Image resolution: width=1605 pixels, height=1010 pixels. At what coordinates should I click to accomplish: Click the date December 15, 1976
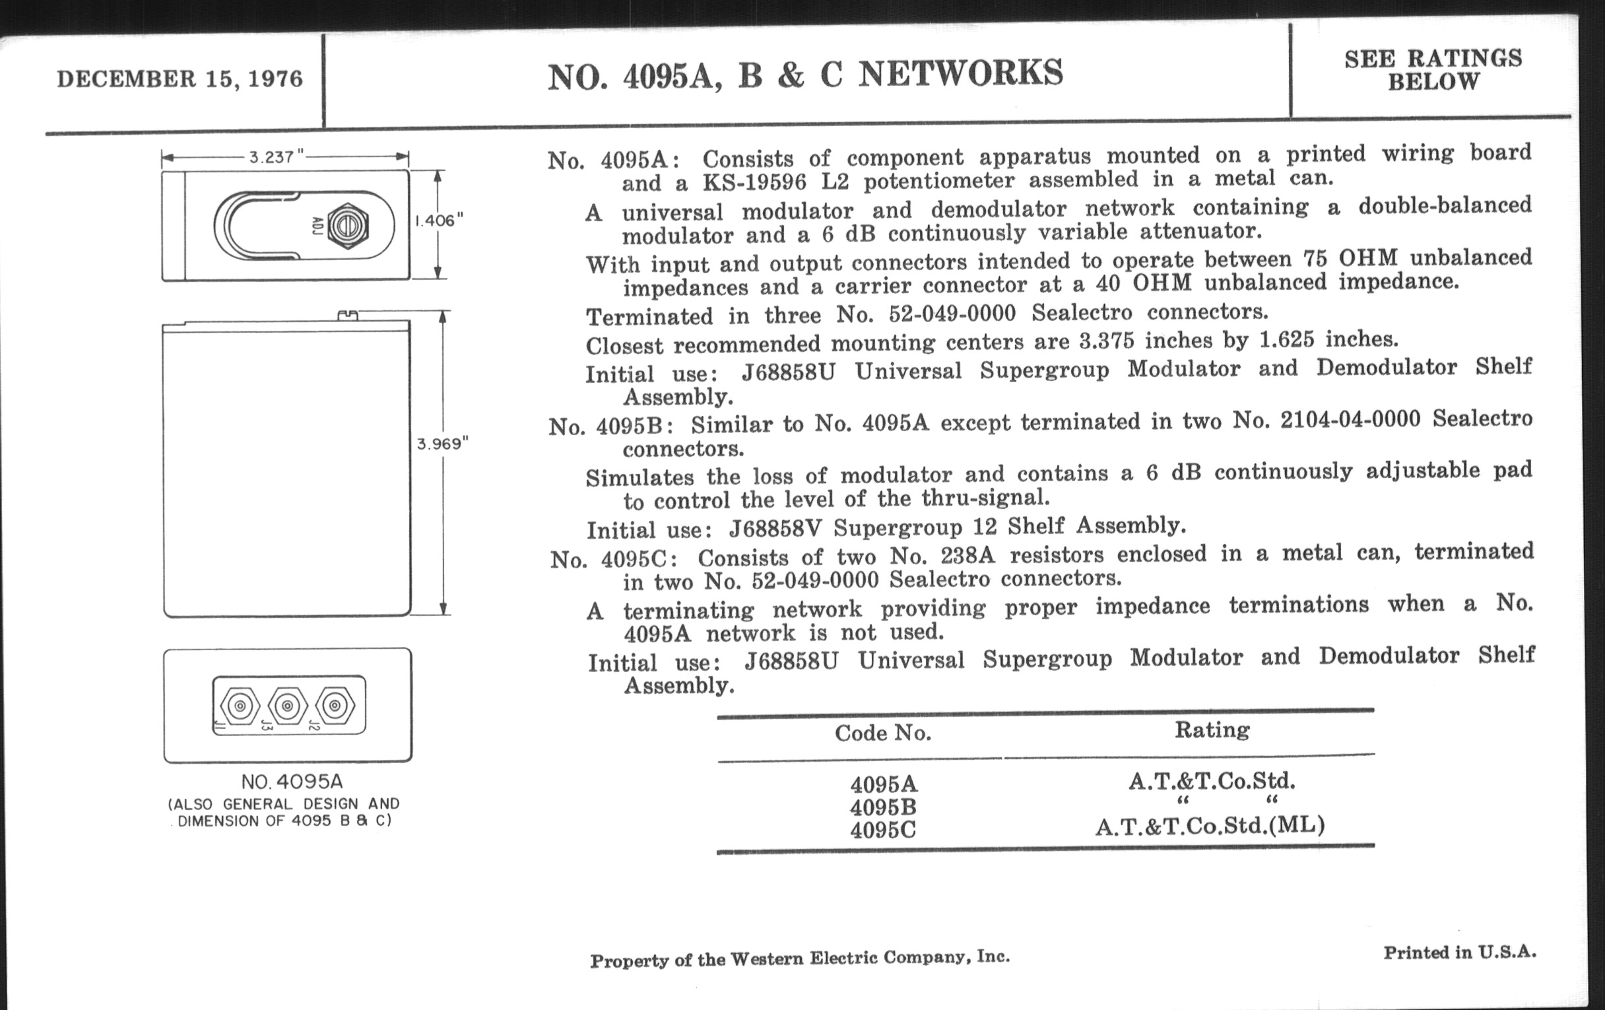click(x=180, y=79)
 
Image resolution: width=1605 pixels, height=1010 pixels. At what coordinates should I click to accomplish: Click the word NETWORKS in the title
click(x=960, y=73)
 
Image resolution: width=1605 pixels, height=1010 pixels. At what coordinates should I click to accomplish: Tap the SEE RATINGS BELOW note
click(x=1433, y=70)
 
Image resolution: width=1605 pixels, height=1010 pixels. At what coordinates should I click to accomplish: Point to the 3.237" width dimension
click(x=276, y=157)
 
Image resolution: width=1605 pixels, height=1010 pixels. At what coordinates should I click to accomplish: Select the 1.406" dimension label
click(x=439, y=220)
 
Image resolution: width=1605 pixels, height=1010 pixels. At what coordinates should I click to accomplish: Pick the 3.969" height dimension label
click(x=443, y=444)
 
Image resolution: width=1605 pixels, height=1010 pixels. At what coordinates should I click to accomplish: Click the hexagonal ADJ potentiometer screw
click(x=348, y=226)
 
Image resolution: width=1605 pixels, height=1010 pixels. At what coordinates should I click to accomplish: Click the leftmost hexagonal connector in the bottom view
click(x=240, y=705)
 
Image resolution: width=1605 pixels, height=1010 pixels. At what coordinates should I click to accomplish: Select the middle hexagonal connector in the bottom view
click(x=287, y=705)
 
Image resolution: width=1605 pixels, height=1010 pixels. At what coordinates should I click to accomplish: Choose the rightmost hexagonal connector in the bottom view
click(x=335, y=705)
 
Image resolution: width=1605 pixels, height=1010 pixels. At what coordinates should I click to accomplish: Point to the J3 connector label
click(x=267, y=725)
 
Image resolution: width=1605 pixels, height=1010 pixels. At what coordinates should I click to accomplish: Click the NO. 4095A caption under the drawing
click(x=292, y=782)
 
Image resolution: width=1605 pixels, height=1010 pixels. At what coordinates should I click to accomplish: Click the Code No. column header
click(x=882, y=733)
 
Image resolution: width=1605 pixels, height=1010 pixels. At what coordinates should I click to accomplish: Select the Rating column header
click(x=1212, y=730)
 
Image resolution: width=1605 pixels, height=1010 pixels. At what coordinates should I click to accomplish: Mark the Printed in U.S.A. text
click(x=1460, y=953)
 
